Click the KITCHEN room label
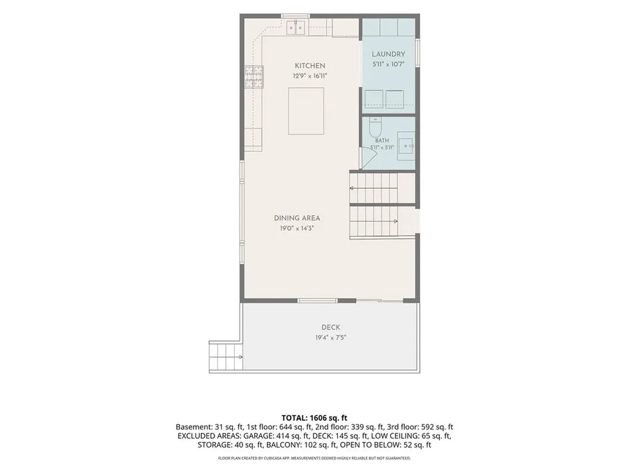pyautogui.click(x=310, y=66)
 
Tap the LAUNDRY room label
pyautogui.click(x=388, y=54)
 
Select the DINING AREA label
pyautogui.click(x=297, y=218)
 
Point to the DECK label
pyautogui.click(x=330, y=327)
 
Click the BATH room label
pyautogui.click(x=382, y=140)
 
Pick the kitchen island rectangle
pyautogui.click(x=306, y=112)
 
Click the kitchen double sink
pyautogui.click(x=295, y=27)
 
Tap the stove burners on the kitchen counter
pyautogui.click(x=254, y=77)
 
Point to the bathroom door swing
pyautogui.click(x=369, y=159)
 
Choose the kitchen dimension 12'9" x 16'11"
pyautogui.click(x=310, y=76)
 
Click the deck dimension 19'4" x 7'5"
pyautogui.click(x=330, y=338)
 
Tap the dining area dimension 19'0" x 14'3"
pyautogui.click(x=297, y=229)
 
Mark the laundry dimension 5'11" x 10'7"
pyautogui.click(x=388, y=64)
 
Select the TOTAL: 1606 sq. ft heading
pyautogui.click(x=314, y=418)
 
